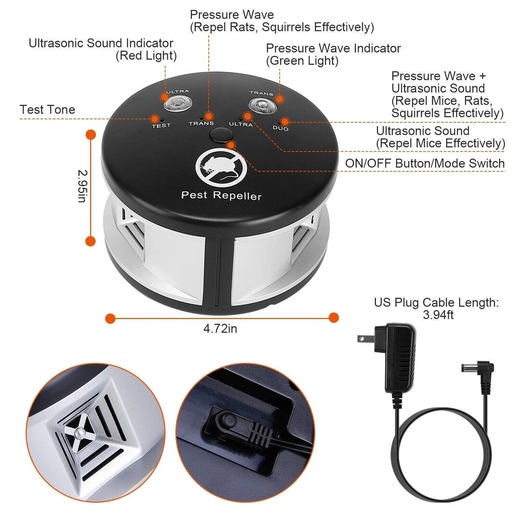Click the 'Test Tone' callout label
coord(47,110)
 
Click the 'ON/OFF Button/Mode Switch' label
coord(425,163)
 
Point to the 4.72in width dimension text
coord(220,329)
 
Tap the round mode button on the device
coord(219,135)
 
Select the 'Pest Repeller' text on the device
coord(221,196)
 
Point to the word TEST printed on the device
coord(161,125)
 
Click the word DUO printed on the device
coord(281,128)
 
